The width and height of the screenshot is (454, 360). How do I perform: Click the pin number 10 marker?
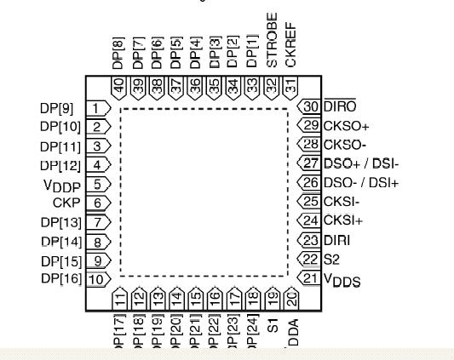[x=98, y=278]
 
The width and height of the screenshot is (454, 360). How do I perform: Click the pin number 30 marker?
[x=310, y=106]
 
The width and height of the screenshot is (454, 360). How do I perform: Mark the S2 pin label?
[x=331, y=259]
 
